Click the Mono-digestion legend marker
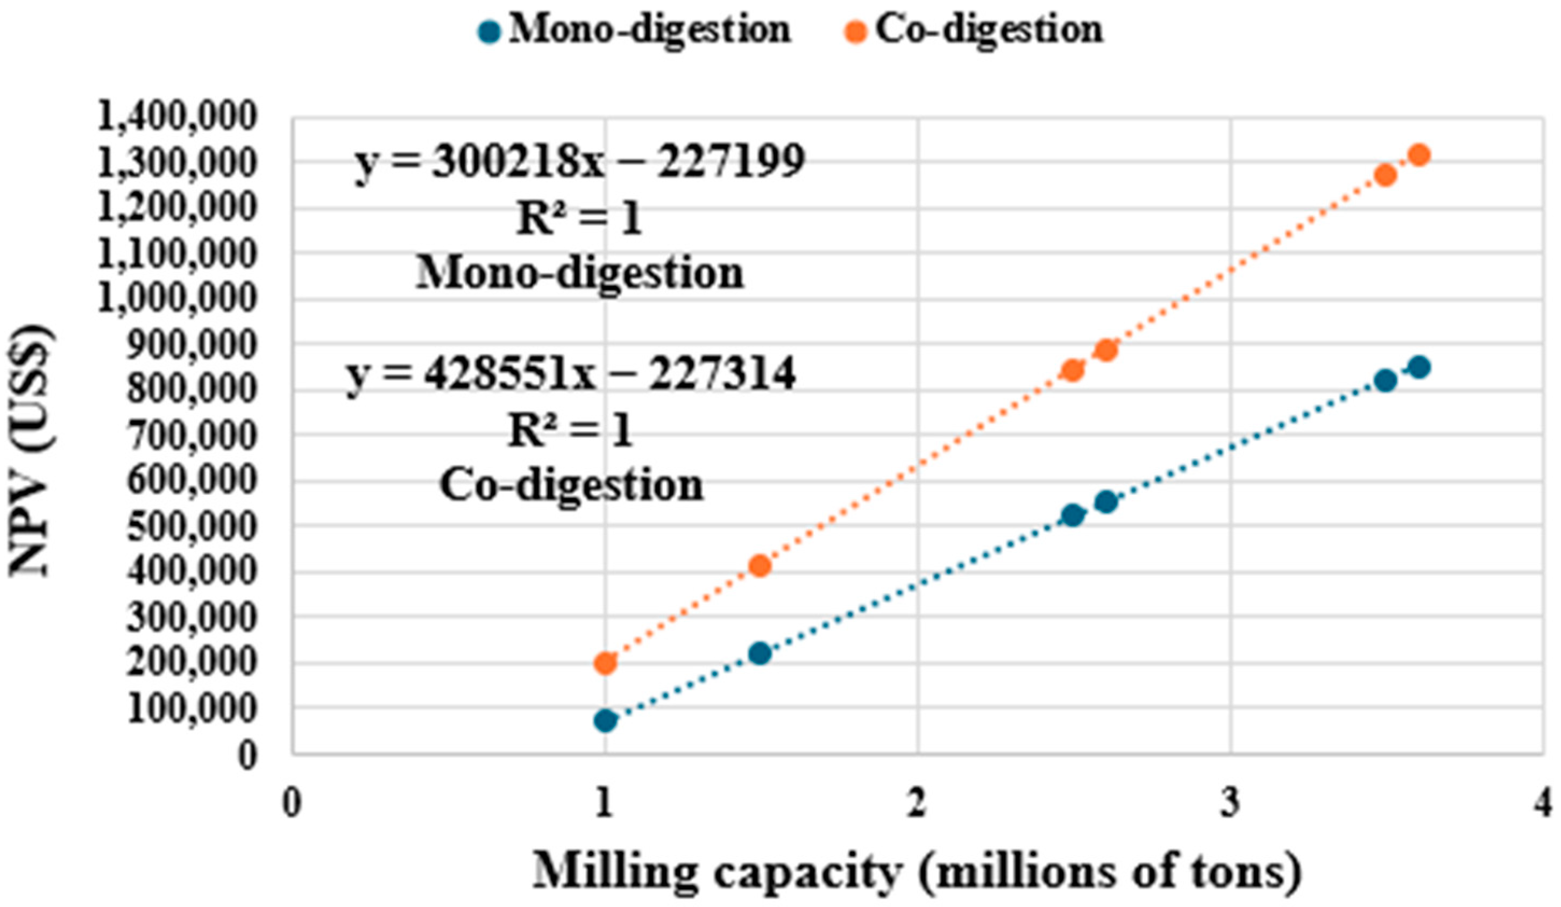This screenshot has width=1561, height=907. pos(489,32)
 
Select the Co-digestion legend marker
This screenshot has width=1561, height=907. pos(857,32)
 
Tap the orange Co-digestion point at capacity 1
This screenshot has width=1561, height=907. pos(605,663)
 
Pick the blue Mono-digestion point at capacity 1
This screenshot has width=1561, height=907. pos(605,720)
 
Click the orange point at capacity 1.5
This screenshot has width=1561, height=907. pos(760,565)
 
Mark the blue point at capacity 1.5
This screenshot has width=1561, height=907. pos(760,654)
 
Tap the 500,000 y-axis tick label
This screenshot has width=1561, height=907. pos(191,527)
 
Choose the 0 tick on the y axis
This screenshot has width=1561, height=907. pos(246,756)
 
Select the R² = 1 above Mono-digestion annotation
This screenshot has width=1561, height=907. pos(579,220)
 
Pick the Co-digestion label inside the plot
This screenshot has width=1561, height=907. pos(571,485)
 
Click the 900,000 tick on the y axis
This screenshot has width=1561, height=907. pos(191,345)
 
